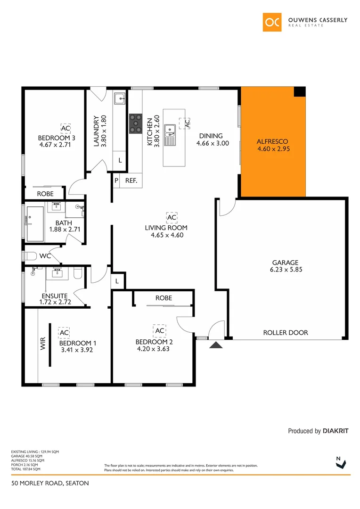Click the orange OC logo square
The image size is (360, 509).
tap(272, 22)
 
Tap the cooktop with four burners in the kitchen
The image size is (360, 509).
tap(136, 124)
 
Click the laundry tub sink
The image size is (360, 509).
tap(119, 99)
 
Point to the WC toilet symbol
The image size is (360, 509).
tap(30, 256)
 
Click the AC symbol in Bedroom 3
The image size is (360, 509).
tap(65, 128)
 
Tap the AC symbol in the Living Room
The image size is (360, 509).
tap(171, 218)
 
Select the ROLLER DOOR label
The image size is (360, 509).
tap(285, 333)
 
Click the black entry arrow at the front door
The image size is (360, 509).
tap(216, 346)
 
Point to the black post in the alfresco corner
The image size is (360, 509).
tap(299, 92)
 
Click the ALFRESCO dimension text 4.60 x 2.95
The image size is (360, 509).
tap(272, 149)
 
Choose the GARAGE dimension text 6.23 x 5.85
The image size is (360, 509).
tap(285, 271)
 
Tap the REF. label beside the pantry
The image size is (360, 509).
tap(131, 181)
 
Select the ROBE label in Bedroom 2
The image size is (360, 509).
tap(164, 298)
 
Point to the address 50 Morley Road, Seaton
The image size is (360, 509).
tap(50, 483)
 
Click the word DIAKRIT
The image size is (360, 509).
tap(335, 431)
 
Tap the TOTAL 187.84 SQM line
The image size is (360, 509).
tap(25, 469)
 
